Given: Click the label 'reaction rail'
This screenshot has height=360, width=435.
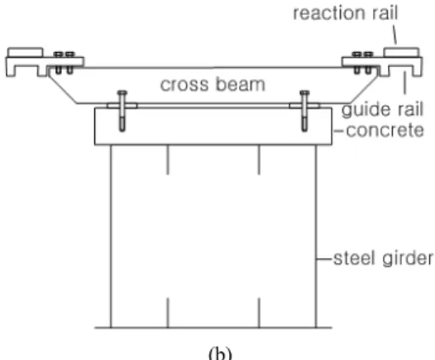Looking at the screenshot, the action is pyautogui.click(x=346, y=13).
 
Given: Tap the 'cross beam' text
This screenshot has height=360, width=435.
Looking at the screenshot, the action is pyautogui.click(x=213, y=84).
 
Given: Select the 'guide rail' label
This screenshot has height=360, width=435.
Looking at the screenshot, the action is pyautogui.click(x=382, y=110).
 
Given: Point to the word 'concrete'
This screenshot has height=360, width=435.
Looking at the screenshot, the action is pyautogui.click(x=385, y=130).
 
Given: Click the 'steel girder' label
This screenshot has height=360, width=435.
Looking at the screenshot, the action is pyautogui.click(x=383, y=259).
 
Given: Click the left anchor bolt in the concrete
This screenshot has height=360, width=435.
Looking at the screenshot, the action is pyautogui.click(x=122, y=110).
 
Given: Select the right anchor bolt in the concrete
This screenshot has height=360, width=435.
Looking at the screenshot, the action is pyautogui.click(x=304, y=110).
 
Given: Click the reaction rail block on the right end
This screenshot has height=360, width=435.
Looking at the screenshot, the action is pyautogui.click(x=401, y=52).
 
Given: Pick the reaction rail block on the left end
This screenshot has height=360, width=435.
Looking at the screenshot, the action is pyautogui.click(x=26, y=52).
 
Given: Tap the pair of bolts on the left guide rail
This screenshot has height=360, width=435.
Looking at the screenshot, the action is pyautogui.click(x=65, y=63).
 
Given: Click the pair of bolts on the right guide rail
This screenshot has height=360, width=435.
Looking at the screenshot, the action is pyautogui.click(x=363, y=63).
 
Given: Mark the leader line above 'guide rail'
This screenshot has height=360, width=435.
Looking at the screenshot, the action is pyautogui.click(x=404, y=83).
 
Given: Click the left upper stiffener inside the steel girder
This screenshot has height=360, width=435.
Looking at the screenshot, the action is pyautogui.click(x=168, y=160).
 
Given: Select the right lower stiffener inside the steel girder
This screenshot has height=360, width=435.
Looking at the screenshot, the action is pyautogui.click(x=259, y=313).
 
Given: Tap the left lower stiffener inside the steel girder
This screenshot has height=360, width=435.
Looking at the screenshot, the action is pyautogui.click(x=168, y=313).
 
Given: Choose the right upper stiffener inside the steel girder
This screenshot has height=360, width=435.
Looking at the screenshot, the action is pyautogui.click(x=259, y=160).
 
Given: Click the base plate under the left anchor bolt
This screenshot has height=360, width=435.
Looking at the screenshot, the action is pyautogui.click(x=122, y=106).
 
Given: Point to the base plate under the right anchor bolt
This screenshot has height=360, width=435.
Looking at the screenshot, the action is pyautogui.click(x=304, y=106).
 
